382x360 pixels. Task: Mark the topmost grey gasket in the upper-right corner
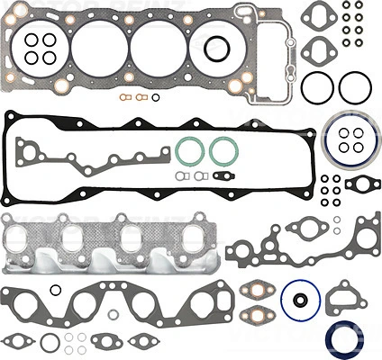(318, 15)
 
